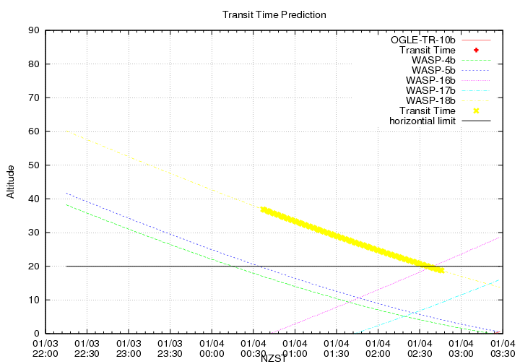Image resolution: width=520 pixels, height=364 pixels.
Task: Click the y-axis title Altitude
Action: (10, 181)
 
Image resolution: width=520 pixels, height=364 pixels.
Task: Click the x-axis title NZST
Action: (274, 358)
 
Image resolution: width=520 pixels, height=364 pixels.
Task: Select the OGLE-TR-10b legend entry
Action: (423, 39)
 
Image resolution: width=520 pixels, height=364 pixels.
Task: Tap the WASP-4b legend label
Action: (433, 60)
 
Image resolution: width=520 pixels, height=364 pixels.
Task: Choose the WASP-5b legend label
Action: (433, 70)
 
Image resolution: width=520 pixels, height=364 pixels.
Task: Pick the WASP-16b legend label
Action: (430, 80)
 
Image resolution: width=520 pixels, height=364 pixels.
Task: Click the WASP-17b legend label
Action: (430, 90)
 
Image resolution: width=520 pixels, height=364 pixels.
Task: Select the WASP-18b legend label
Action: (430, 100)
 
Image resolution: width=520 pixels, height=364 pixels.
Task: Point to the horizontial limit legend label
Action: (422, 121)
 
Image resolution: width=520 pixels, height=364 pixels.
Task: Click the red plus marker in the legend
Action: (477, 50)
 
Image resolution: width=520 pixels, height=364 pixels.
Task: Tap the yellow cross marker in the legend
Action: (477, 110)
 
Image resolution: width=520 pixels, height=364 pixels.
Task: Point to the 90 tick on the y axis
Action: (33, 30)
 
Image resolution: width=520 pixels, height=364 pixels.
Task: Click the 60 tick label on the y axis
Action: (33, 131)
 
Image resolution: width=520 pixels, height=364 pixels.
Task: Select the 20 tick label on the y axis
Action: (33, 266)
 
